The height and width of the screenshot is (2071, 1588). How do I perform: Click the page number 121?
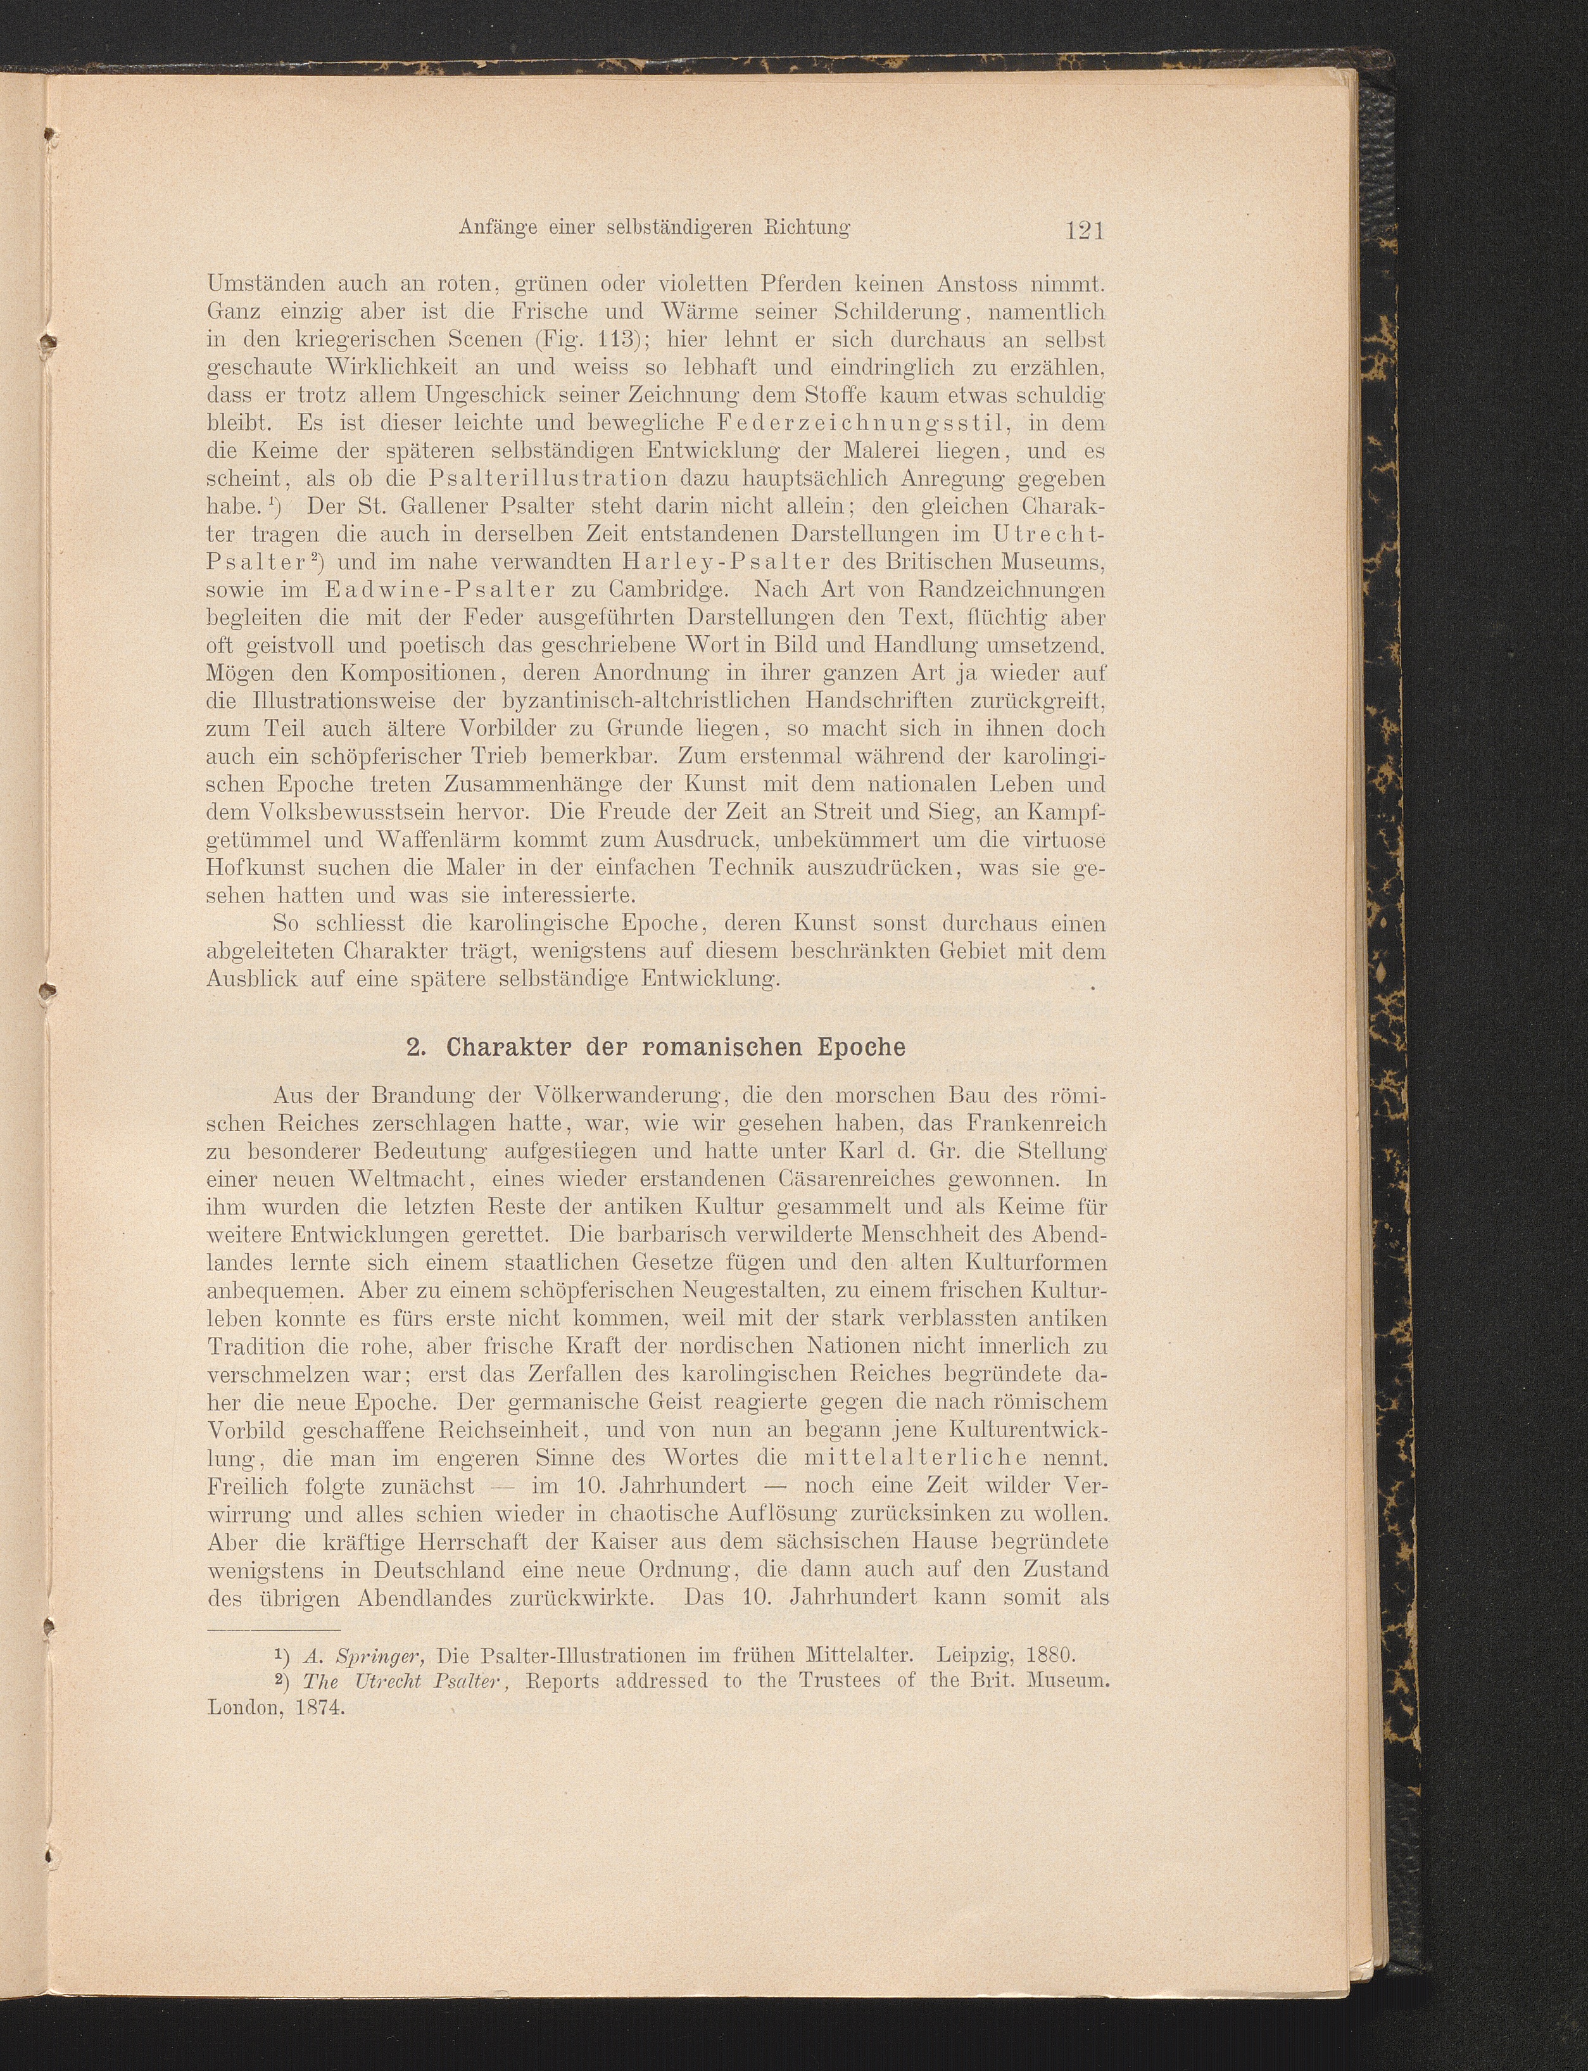click(x=1083, y=230)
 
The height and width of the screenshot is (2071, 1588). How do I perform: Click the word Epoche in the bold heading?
click(x=859, y=1048)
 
